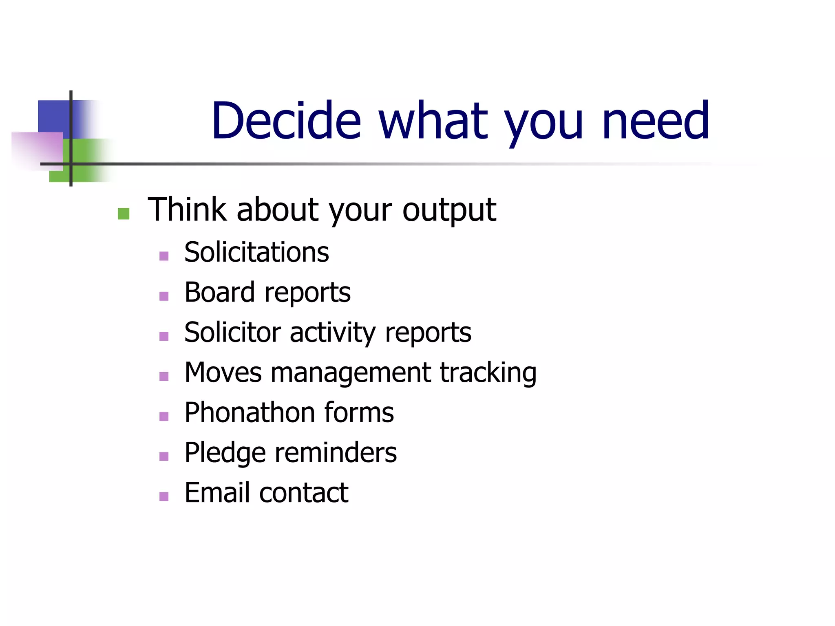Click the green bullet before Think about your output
tap(124, 214)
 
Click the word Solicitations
tap(256, 252)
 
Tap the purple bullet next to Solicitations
tap(164, 256)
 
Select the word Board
tap(220, 292)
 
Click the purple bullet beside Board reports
tap(164, 296)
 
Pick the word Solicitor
tap(232, 332)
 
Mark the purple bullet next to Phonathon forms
tap(164, 416)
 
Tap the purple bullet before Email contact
tap(164, 496)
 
